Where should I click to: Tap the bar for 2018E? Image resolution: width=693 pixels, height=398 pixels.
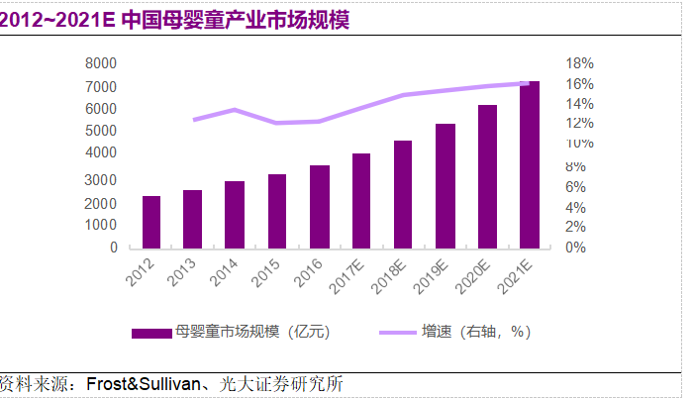(403, 194)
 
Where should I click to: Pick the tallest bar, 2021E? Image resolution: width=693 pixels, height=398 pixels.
(530, 164)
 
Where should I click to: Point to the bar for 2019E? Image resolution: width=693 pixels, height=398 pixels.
(445, 185)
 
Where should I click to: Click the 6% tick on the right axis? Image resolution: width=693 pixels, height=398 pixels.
(575, 186)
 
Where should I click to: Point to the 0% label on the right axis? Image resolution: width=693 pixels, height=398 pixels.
(575, 248)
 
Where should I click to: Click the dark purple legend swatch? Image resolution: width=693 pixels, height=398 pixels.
(150, 333)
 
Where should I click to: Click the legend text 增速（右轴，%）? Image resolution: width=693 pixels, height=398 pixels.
(475, 333)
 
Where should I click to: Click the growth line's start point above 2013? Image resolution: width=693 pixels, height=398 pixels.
(193, 120)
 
